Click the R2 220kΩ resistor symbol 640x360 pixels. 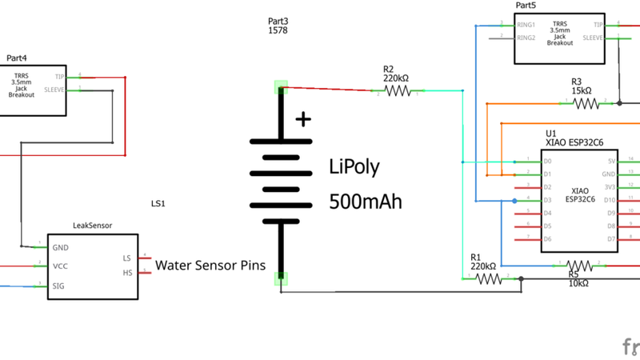pos(397,92)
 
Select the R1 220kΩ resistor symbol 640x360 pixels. pos(488,278)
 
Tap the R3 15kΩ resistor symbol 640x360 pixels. pos(586,103)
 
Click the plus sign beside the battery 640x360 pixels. pos(303,120)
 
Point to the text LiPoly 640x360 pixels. pos(354,166)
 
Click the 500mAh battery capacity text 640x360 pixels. pos(366,201)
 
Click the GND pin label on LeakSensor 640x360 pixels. pos(60,246)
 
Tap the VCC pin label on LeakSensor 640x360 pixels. pos(60,265)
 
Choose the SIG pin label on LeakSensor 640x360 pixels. pos(59,284)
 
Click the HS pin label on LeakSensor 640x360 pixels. pos(126,273)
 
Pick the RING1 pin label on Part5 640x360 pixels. pos(526,25)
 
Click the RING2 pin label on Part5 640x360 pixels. pos(526,38)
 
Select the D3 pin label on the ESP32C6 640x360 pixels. pos(547,200)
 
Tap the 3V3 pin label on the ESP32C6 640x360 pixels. pos(610,186)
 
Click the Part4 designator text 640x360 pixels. pos(17,58)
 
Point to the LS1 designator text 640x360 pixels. pos(158,203)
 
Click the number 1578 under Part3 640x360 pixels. pos(278,30)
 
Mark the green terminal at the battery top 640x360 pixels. pos(281,86)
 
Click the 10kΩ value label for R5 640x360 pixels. pos(578,283)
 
